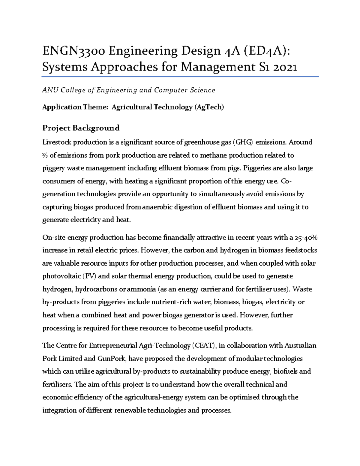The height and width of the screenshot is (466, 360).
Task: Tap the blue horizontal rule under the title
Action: (x=180, y=77)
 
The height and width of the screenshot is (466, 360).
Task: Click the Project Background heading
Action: (x=81, y=128)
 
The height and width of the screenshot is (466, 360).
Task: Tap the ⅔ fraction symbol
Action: (x=45, y=155)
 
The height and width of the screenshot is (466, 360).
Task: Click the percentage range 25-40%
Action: (x=306, y=238)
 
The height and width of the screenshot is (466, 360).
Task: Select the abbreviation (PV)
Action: (x=90, y=276)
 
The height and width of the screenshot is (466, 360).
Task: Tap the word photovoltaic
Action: (x=62, y=276)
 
